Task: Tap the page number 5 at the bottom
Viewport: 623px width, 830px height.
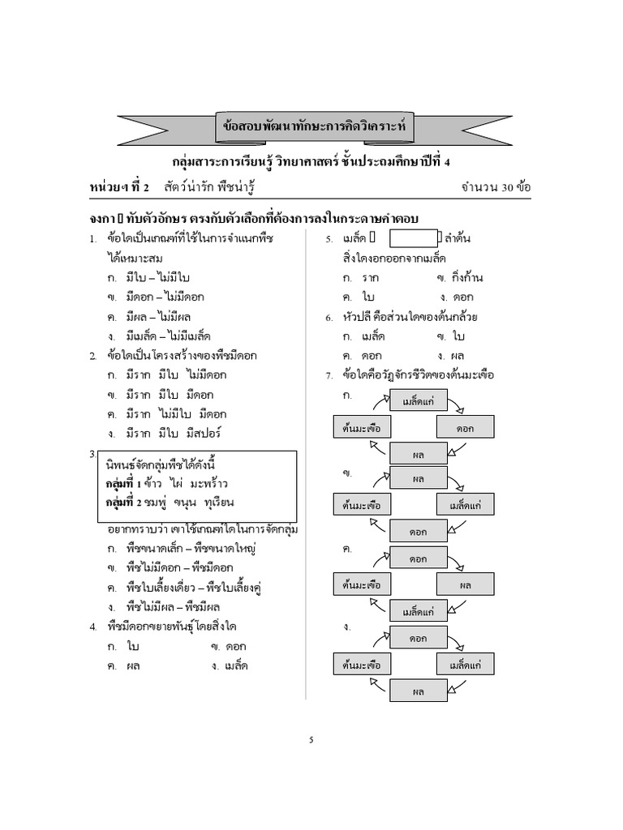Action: tap(311, 739)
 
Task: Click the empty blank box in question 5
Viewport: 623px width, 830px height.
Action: tap(413, 238)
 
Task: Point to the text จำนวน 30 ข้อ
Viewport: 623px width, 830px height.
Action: tap(496, 187)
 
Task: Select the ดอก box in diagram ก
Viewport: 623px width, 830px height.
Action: tap(465, 427)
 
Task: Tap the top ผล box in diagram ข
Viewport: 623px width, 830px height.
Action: tap(419, 478)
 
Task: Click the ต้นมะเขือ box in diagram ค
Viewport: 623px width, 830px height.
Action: tap(362, 584)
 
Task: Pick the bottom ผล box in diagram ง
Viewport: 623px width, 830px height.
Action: tap(419, 691)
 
